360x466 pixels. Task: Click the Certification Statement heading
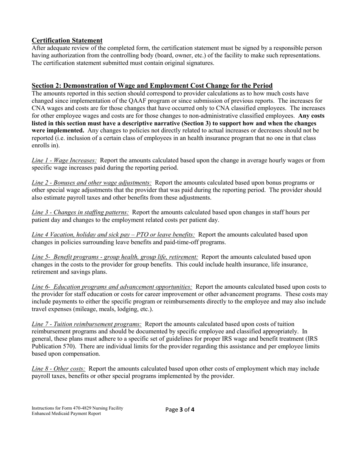[67, 41]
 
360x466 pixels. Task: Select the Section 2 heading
[152, 86]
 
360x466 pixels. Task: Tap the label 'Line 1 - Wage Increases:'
[64, 160]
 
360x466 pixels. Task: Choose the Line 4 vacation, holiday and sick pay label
[113, 235]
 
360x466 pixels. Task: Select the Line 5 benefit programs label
[114, 257]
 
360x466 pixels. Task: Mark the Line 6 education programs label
[112, 287]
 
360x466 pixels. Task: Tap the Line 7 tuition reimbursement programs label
[87, 324]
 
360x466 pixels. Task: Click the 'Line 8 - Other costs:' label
[58, 369]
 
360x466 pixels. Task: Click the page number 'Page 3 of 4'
[180, 410]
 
